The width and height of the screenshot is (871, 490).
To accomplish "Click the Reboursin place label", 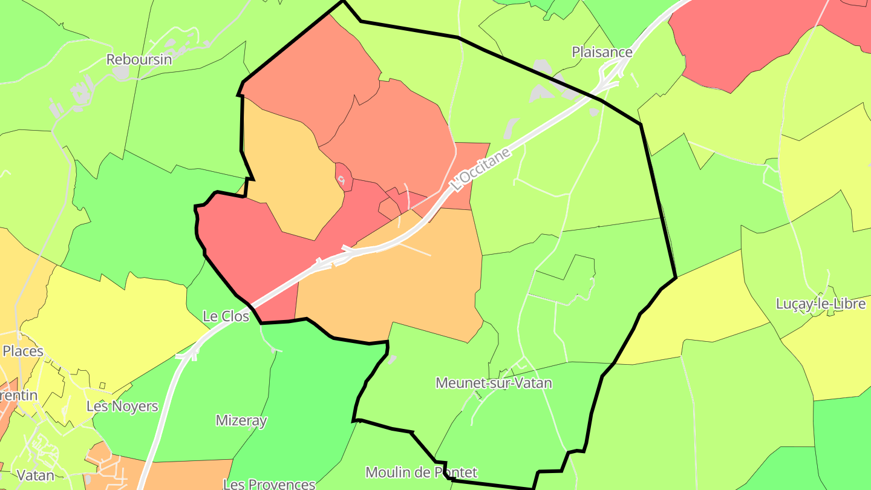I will (139, 59).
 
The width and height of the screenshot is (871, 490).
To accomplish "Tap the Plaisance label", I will (602, 52).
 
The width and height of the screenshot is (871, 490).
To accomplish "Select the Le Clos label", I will (226, 316).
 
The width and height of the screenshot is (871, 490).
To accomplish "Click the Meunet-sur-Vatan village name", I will (494, 383).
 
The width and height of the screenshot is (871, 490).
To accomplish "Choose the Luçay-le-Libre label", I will (821, 304).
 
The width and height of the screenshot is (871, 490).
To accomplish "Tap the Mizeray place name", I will (241, 420).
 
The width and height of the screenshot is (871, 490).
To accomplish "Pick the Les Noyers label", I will (122, 406).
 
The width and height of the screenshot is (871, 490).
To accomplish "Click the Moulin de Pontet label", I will (421, 472).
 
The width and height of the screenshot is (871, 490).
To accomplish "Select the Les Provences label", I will (269, 484).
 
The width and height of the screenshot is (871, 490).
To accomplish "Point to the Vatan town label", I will (36, 475).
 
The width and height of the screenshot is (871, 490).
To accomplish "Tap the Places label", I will (23, 351).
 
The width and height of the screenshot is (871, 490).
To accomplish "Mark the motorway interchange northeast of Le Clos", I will (333, 257).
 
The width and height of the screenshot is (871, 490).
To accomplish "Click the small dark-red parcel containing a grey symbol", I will (344, 177).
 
